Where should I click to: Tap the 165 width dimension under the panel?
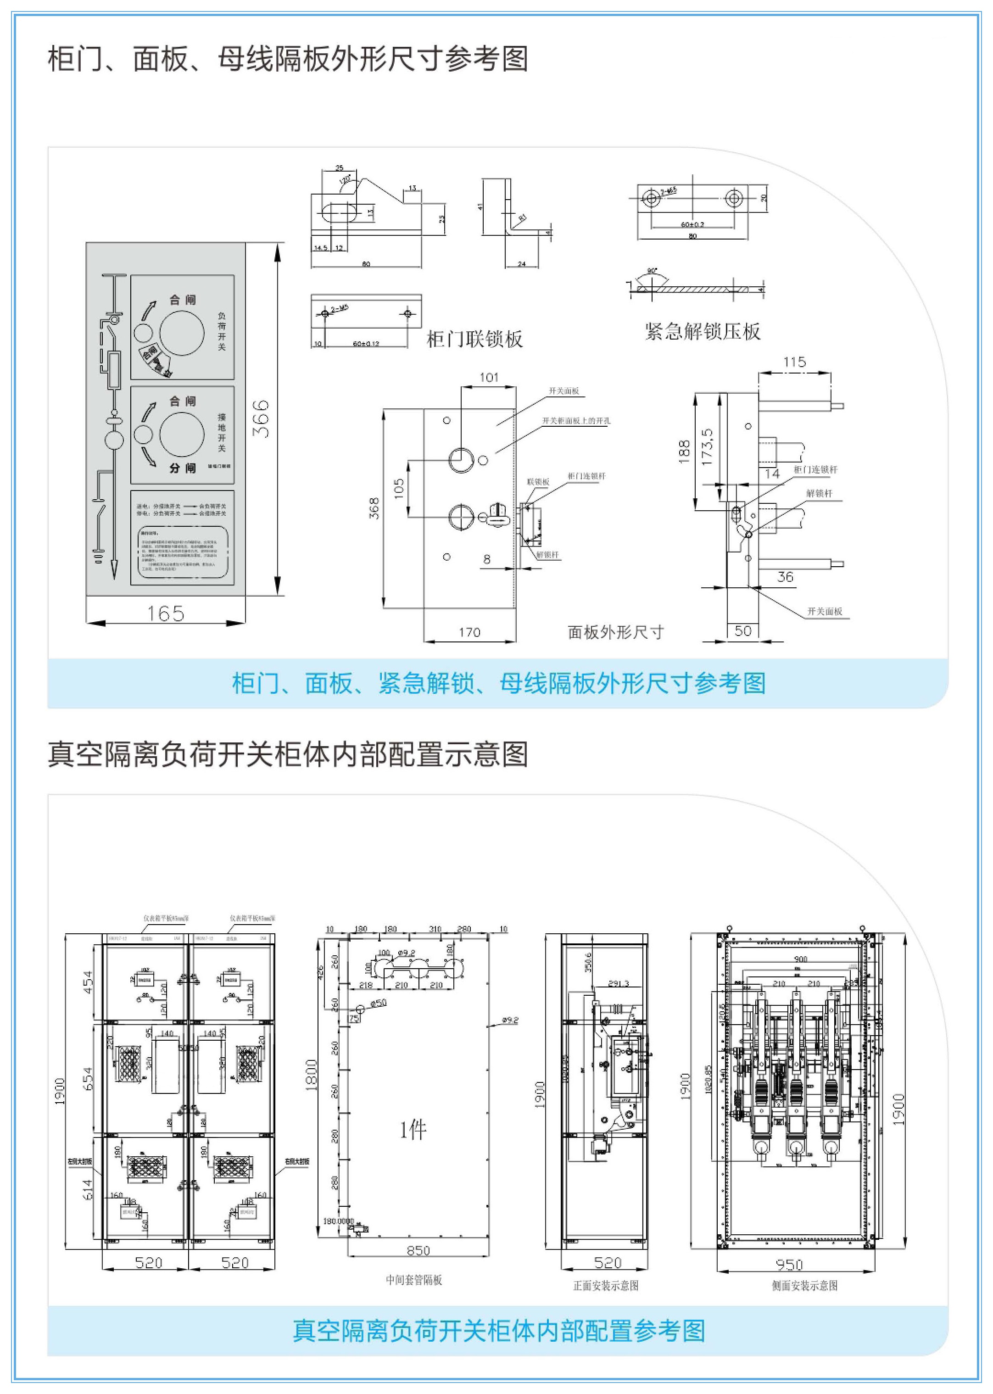(166, 613)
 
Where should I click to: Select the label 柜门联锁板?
(474, 340)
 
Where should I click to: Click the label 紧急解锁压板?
(703, 331)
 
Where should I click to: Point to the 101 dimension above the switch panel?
(489, 377)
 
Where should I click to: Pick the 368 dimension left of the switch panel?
(374, 508)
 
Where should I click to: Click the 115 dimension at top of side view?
(794, 362)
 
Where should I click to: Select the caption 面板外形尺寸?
(615, 632)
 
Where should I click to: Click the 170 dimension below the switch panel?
(469, 632)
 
